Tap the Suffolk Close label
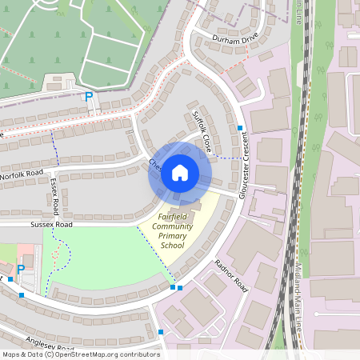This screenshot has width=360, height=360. coord(202,132)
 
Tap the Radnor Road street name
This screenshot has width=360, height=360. coord(232,275)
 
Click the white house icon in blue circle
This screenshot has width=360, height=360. coord(179,172)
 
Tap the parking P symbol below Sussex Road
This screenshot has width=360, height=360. coord(21,270)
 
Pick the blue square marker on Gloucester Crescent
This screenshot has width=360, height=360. coord(239,128)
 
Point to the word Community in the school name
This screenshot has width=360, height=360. coord(173,227)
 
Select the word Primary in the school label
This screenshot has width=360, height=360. coord(173,237)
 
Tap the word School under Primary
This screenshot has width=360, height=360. coord(173,246)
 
